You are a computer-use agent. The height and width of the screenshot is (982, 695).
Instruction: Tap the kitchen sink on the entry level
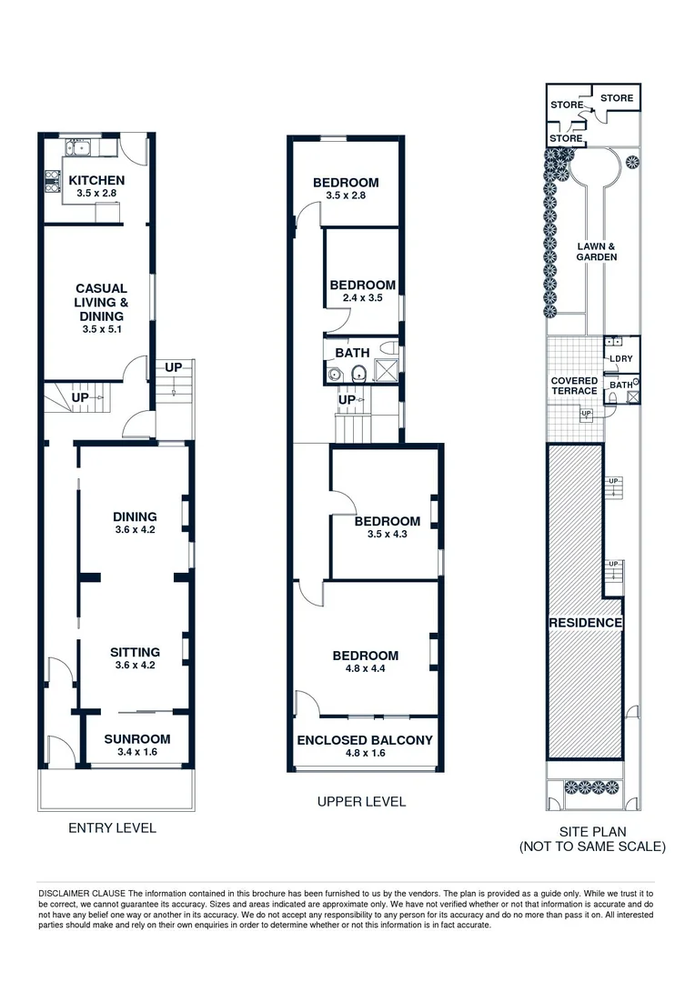point(79,147)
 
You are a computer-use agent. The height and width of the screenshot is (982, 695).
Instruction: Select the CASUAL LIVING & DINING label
point(101,302)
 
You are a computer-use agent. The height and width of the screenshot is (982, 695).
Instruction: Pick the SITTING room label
point(135,652)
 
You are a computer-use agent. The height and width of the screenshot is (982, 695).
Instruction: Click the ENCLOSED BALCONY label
point(365,740)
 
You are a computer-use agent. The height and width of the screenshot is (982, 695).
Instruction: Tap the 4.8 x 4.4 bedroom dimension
point(365,669)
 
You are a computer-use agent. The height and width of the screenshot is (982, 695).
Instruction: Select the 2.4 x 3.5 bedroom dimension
point(362,297)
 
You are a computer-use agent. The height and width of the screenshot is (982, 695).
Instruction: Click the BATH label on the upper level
point(351,352)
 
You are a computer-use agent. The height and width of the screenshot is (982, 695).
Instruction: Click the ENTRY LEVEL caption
point(113,827)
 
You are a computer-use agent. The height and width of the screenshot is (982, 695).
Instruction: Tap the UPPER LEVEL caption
point(361,801)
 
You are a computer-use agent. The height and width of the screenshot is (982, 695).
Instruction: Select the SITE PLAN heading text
point(591,831)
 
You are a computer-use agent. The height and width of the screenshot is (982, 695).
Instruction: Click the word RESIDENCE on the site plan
point(585,623)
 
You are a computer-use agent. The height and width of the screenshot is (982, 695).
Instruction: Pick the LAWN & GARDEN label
point(596,252)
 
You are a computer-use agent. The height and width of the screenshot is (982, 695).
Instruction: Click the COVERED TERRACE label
point(574,386)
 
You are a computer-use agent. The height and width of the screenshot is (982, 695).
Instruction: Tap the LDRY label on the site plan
point(621,358)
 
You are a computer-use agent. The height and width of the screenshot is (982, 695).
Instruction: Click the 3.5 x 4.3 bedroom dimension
point(387,535)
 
